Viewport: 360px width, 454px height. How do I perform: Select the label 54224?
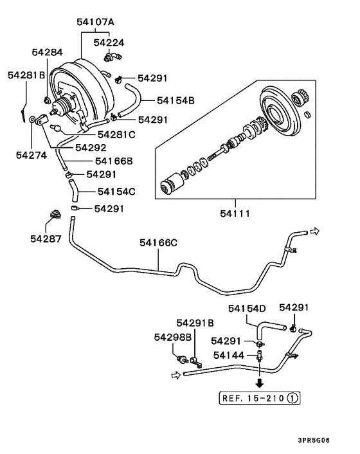109,42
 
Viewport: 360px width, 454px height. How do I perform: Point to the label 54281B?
26,75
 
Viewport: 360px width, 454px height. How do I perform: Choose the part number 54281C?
116,134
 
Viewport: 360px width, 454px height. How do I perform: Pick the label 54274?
32,155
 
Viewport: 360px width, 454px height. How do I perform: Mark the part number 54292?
91,147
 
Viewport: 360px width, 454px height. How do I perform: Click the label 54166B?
114,161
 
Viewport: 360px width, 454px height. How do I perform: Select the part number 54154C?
116,191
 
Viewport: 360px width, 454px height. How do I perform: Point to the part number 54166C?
158,242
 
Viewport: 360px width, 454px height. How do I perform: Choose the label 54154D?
247,309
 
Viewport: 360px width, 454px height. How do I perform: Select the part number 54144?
228,354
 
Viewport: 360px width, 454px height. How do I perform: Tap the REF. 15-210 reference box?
259,397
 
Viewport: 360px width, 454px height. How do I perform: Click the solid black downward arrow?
259,383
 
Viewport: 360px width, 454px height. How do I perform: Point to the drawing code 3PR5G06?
331,440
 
